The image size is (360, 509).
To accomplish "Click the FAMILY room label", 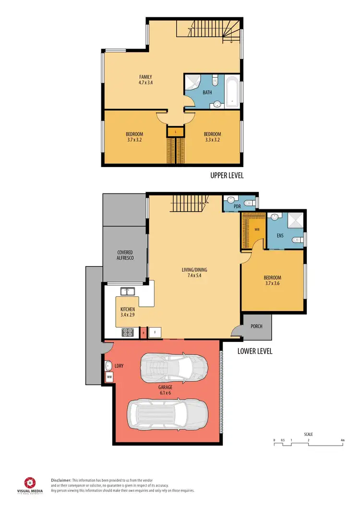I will pyautogui.click(x=146, y=77).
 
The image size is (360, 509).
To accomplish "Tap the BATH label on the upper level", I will pyautogui.click(x=207, y=92).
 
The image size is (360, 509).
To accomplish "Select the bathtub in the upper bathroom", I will pyautogui.click(x=232, y=92).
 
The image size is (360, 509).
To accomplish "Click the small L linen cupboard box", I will pyautogui.click(x=176, y=131).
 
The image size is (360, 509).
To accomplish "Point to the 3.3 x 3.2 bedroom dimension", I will pyautogui.click(x=212, y=140).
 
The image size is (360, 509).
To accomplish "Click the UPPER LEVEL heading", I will pyautogui.click(x=227, y=176).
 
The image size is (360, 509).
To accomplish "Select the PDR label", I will pyautogui.click(x=237, y=206).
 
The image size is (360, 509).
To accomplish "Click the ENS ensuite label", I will pyautogui.click(x=280, y=235).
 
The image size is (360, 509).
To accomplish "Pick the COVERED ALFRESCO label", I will pyautogui.click(x=125, y=255).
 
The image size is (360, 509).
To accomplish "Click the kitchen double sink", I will pyautogui.click(x=128, y=291).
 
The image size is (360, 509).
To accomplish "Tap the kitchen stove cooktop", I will pyautogui.click(x=129, y=331).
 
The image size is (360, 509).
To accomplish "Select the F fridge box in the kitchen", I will pyautogui.click(x=155, y=332).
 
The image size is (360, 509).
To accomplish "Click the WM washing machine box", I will pyautogui.click(x=109, y=377).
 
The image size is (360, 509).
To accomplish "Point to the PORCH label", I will pyautogui.click(x=257, y=327).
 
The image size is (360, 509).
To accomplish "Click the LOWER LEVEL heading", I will pyautogui.click(x=255, y=351).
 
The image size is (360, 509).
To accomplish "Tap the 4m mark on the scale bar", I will pyautogui.click(x=342, y=440).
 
